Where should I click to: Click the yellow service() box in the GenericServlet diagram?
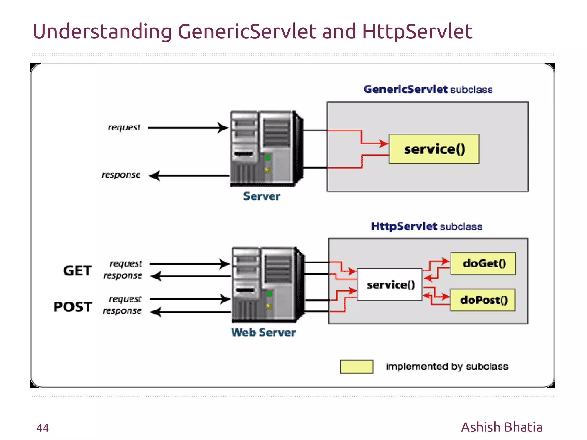point(434,149)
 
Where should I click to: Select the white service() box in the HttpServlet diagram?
point(390,285)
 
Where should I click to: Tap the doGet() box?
point(483,263)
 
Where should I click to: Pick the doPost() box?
point(483,300)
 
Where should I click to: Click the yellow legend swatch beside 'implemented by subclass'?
point(357,367)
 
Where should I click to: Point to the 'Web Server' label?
point(263,332)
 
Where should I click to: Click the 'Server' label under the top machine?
point(261,196)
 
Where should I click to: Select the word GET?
point(77,271)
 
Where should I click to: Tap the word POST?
point(73,307)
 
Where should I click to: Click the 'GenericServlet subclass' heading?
point(428,89)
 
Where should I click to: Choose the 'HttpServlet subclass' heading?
point(426,226)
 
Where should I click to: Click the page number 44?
point(42,428)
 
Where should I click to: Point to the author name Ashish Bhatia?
point(501,427)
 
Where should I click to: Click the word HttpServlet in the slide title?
point(417,32)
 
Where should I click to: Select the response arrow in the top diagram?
point(189,175)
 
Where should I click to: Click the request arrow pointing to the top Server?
point(188,128)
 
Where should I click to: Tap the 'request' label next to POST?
point(125,299)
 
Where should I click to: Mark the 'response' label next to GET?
point(123,275)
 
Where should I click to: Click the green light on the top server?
point(267,157)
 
